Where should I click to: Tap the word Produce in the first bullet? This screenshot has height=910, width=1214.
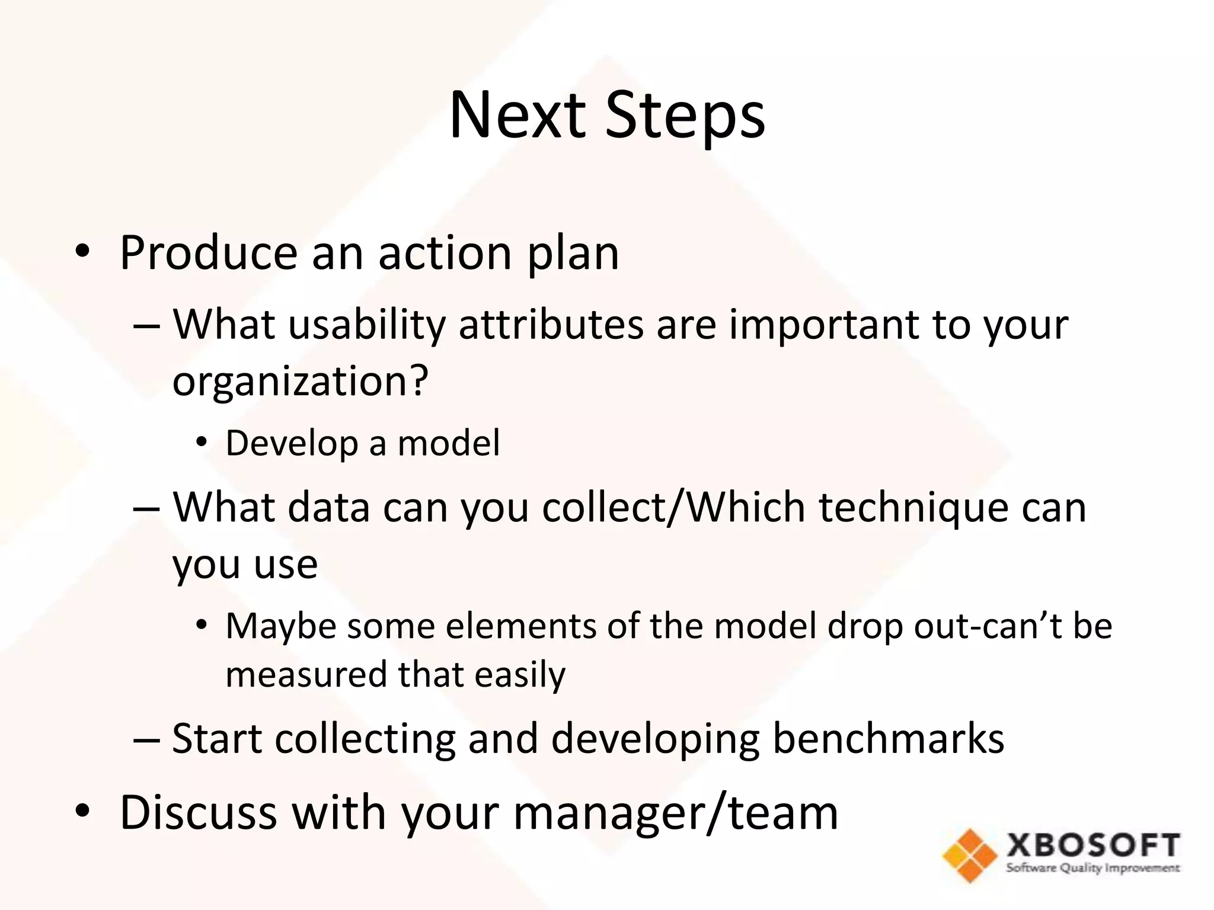pos(209,254)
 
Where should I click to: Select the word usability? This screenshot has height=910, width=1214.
pos(366,325)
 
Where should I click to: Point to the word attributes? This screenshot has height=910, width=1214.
pos(551,325)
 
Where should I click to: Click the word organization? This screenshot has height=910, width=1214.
pos(300,382)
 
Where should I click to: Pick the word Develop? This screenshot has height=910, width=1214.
pos(291,443)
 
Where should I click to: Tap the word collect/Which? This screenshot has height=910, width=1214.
pos(673,508)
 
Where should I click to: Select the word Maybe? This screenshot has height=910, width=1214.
pos(281,627)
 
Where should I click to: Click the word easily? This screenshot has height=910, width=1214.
pos(520,675)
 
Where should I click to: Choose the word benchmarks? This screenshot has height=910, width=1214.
pos(888,739)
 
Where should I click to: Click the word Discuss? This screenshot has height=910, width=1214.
pos(199,813)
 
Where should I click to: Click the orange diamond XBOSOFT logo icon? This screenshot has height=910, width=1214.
pos(969,855)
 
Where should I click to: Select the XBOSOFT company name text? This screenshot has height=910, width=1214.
pos(1093,845)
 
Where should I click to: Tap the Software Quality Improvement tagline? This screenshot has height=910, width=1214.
pos(1092,869)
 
